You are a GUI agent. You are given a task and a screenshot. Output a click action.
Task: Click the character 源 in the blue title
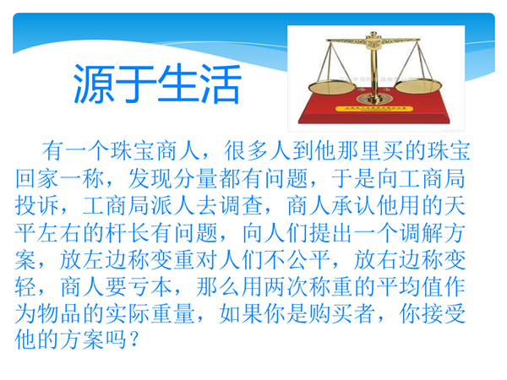click(94, 84)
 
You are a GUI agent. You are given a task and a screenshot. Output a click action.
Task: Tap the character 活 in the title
click(221, 84)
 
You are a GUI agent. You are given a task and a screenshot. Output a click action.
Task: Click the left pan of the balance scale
click(332, 87)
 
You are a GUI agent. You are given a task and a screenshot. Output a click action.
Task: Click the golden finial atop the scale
click(373, 34)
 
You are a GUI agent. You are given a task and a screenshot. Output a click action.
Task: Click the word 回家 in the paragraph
click(37, 178)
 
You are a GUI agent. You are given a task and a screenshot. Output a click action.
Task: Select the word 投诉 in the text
click(37, 205)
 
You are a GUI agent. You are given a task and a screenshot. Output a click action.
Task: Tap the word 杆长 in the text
click(128, 233)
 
